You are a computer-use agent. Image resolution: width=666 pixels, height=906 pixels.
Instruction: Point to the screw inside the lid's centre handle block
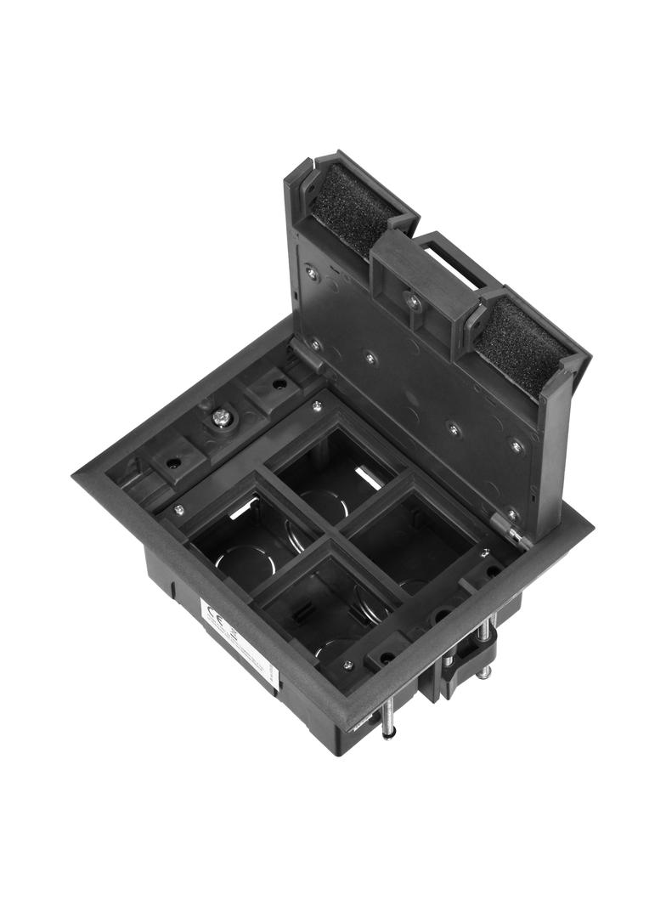click(414, 301)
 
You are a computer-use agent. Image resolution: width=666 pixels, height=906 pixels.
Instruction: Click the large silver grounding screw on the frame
click(222, 416)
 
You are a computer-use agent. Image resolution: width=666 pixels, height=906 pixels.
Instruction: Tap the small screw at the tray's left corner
click(179, 510)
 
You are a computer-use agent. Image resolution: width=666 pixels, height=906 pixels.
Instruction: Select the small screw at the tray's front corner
click(347, 665)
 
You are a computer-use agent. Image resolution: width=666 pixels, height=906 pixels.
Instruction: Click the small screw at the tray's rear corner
click(317, 406)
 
